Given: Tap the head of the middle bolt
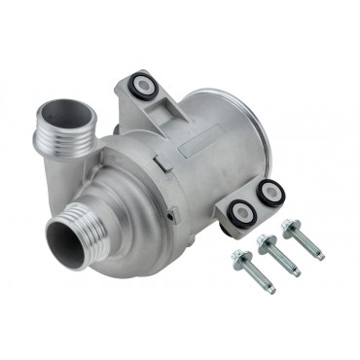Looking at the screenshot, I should click(265, 237).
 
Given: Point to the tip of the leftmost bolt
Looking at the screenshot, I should click(271, 290).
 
